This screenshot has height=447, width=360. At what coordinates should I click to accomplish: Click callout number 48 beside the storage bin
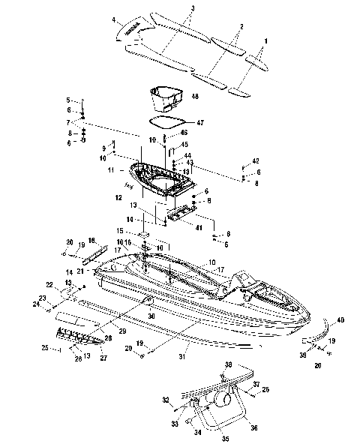click(x=194, y=97)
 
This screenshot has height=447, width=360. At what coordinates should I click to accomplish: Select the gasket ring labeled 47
click(x=166, y=120)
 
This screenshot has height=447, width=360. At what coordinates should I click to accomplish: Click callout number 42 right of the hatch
click(x=255, y=162)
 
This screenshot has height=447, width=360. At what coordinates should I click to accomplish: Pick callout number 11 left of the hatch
click(x=111, y=171)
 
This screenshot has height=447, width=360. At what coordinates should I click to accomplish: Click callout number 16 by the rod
click(x=91, y=239)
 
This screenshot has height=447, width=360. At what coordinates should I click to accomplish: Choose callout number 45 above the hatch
click(x=184, y=145)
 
